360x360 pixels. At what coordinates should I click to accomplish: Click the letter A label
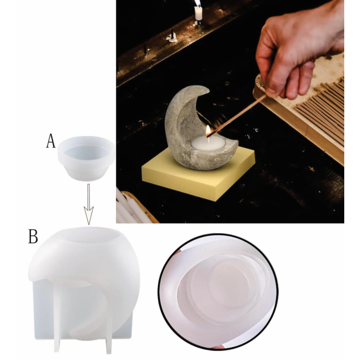click(51, 141)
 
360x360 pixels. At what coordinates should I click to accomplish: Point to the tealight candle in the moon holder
click(208, 144)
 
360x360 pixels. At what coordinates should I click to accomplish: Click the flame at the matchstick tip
click(208, 130)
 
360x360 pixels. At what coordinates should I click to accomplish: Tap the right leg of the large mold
click(108, 331)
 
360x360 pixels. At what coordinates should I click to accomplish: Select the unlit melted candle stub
click(172, 37)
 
